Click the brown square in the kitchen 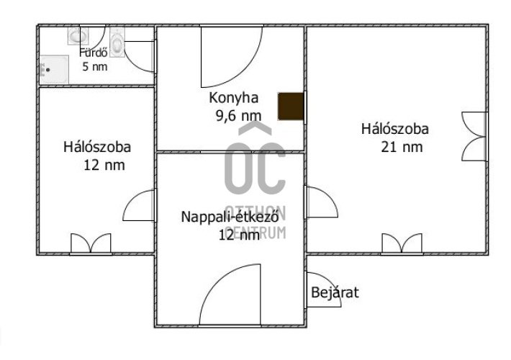coord(291,107)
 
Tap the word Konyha coord(234,98)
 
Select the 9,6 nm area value coord(238,115)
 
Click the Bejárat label coord(335,292)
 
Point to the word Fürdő coord(94,53)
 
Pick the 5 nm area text coord(95,66)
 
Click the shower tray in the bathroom coord(54,69)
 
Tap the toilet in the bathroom coord(117,42)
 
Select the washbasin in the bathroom coord(78,35)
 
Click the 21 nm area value coord(402,147)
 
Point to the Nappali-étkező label coord(230,217)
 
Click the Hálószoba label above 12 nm coord(97,147)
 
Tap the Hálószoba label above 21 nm coord(394,129)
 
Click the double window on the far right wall coord(474,137)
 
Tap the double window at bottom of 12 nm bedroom coord(91,243)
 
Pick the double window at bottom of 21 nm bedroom coord(402,243)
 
